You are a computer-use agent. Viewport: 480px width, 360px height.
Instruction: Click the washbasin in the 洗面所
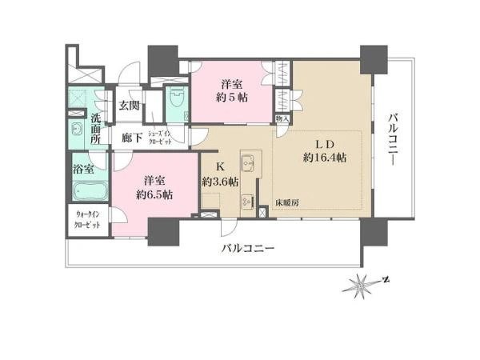coord(78,130)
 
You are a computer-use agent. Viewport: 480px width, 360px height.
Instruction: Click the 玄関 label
coord(130,105)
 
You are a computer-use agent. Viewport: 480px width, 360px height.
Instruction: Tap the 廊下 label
coord(133,138)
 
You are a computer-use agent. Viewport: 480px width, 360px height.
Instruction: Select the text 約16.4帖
coord(324,158)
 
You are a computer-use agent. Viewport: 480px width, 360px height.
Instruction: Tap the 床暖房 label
coord(287,203)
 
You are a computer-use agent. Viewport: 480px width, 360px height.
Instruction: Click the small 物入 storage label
coord(282,118)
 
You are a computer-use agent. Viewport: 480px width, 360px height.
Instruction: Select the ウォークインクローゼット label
coord(88,222)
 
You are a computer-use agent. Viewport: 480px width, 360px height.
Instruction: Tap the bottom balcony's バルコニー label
coord(249,250)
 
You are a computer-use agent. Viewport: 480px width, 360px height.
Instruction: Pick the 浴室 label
coord(84,170)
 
